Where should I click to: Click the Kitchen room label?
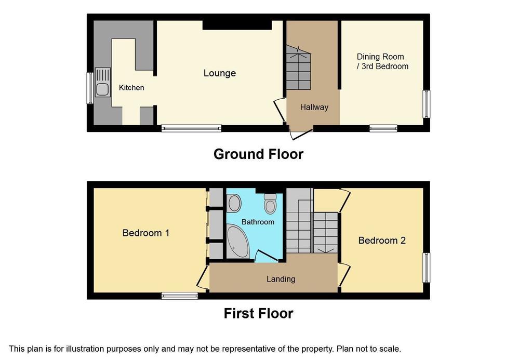pos(131,88)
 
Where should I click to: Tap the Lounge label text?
pos(219,73)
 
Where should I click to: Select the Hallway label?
pos(314,107)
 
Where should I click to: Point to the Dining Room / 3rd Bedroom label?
pos(382,61)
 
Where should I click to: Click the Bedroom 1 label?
pos(146,233)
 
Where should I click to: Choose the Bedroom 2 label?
pos(382,241)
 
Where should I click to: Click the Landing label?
pos(281,279)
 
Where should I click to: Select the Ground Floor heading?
pos(258,154)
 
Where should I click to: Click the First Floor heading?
pos(258,313)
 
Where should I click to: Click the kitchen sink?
pos(102,83)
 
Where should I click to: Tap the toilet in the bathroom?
pos(270,204)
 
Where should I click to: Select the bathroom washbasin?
pos(234,203)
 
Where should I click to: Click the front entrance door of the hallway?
pos(301,133)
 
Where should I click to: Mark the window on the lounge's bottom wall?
pos(191,128)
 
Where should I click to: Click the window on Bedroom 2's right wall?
pos(426,268)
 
